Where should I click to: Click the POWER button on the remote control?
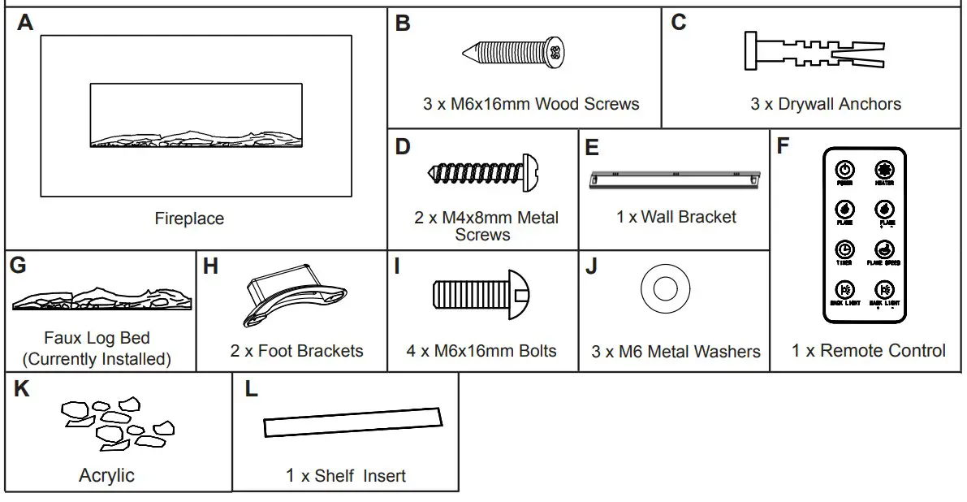click(845, 171)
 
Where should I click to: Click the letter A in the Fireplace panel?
click(25, 23)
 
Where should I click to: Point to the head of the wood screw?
click(554, 52)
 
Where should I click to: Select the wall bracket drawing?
click(676, 177)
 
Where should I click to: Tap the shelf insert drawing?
click(353, 422)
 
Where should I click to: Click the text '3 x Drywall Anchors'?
click(825, 104)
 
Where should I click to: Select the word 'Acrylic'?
click(106, 475)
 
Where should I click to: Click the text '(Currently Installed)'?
click(97, 358)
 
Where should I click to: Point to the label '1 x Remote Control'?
click(868, 351)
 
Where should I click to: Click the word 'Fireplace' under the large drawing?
click(189, 219)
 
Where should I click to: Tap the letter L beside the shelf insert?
click(251, 390)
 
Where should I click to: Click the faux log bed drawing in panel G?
click(102, 299)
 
